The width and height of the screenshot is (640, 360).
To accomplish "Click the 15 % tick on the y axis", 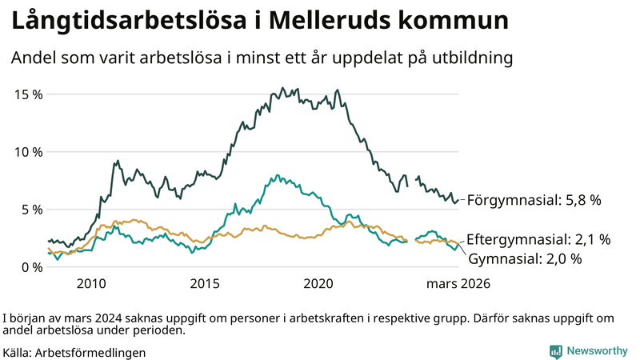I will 29,94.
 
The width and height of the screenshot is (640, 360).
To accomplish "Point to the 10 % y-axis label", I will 29,152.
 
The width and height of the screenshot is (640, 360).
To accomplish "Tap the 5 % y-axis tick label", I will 32,210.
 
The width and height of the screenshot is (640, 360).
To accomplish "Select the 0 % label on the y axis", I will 32,267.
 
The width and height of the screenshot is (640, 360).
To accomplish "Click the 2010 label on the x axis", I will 91,284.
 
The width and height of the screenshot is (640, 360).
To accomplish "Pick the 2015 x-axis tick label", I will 206,284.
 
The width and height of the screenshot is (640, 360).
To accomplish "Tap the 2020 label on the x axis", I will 319,284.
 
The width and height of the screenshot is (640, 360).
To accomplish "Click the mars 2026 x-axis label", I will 458,284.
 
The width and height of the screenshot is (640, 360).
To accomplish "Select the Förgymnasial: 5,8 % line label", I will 534,200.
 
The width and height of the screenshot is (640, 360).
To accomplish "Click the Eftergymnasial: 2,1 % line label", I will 538,239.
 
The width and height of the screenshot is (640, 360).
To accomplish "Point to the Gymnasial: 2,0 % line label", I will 524,258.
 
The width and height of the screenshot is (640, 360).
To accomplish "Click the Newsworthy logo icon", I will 555,351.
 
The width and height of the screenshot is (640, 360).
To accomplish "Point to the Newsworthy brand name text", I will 597,351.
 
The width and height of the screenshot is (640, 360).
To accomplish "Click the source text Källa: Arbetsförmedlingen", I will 74,352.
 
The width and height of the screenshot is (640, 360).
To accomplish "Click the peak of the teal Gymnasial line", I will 278,174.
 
